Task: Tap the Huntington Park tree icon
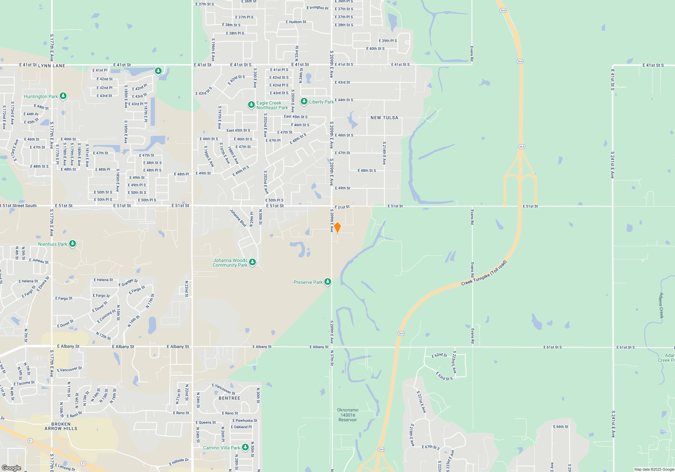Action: [x=63, y=96]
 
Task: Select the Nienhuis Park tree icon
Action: [x=72, y=244]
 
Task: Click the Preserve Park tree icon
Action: [x=327, y=282]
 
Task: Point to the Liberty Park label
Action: [x=321, y=102]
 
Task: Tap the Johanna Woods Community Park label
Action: [x=230, y=263]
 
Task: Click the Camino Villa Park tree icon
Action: [x=245, y=447]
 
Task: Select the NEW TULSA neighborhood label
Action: [x=384, y=118]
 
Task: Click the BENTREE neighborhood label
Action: [x=230, y=398]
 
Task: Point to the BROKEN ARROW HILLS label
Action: [x=61, y=426]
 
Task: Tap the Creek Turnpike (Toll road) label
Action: [x=484, y=273]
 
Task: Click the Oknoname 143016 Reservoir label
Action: [x=348, y=415]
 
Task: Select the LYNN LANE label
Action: [x=52, y=66]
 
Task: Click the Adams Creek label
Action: [x=661, y=305]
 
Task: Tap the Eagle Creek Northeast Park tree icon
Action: [x=251, y=105]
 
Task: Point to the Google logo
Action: [x=11, y=468]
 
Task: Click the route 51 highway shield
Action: [x=30, y=441]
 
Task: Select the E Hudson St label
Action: [x=296, y=22]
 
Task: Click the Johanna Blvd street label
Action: [x=238, y=218]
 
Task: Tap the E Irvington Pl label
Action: [x=317, y=8]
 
